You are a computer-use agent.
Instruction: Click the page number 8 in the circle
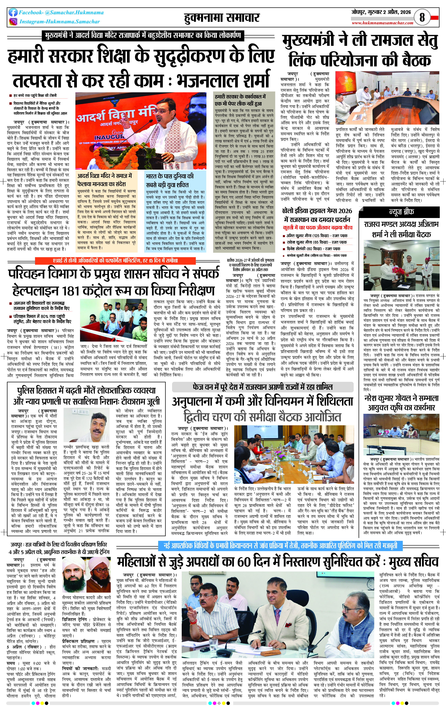[422, 17]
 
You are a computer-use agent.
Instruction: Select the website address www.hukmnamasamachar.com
[382, 23]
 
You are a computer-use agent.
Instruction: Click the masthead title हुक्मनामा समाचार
[222, 18]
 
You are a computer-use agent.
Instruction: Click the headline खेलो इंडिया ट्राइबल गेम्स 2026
[317, 211]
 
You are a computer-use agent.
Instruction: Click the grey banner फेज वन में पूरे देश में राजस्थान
[263, 387]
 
